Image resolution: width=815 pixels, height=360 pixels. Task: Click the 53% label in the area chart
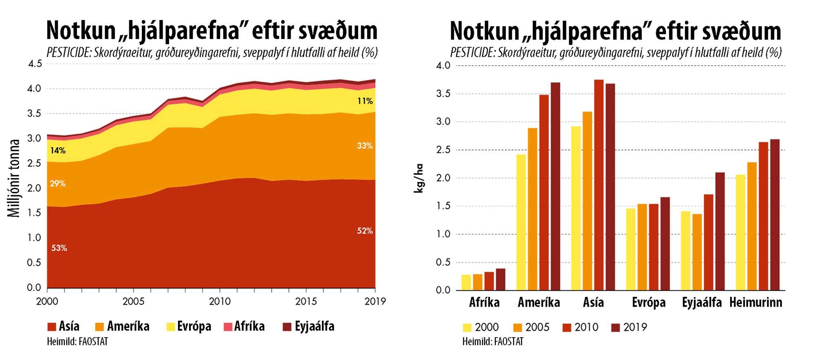[59, 248]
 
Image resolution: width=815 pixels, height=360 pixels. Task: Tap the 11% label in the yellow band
[365, 101]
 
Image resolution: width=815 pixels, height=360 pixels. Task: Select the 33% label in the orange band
[365, 146]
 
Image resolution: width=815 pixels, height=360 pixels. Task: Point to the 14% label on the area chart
[58, 150]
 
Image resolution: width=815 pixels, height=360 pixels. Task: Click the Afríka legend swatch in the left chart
[228, 327]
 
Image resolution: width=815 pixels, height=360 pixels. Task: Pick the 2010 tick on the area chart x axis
[220, 301]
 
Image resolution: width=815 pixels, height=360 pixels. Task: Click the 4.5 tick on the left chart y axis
[35, 64]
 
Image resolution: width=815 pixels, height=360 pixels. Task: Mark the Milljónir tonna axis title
[14, 178]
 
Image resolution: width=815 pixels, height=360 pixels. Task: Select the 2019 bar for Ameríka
[555, 186]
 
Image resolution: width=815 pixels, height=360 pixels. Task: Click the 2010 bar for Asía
[599, 185]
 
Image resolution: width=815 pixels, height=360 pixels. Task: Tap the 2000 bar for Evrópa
[631, 249]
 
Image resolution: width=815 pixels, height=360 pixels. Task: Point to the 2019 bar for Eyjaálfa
[720, 231]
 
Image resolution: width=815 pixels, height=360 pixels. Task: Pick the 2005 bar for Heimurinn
[752, 226]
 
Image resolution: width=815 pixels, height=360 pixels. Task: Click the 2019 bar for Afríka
[500, 279]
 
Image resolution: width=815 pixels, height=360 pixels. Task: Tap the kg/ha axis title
[419, 178]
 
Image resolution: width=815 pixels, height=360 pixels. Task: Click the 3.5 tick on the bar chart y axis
[443, 94]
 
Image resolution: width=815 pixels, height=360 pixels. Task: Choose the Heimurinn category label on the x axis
[756, 303]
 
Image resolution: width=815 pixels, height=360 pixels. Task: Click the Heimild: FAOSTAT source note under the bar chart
[493, 342]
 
